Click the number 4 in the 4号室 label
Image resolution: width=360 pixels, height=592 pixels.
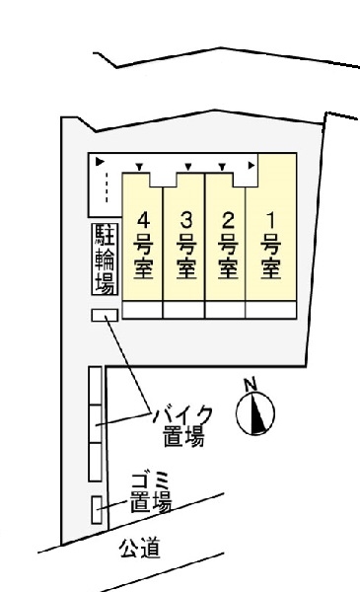(145, 218)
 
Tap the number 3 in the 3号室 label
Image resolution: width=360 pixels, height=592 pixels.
(185, 218)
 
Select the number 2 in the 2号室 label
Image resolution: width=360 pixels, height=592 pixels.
(227, 218)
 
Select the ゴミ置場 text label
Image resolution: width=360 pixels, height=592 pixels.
(150, 492)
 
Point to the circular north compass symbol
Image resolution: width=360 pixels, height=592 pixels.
(255, 414)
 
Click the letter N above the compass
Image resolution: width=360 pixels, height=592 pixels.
(251, 385)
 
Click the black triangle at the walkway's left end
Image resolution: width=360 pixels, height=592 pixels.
(99, 160)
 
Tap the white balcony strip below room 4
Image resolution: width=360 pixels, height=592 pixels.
(141, 310)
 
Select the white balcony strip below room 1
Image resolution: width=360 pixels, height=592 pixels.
(268, 310)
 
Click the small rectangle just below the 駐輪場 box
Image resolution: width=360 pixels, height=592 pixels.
(104, 316)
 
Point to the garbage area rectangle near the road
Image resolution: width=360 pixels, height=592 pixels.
(96, 510)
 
